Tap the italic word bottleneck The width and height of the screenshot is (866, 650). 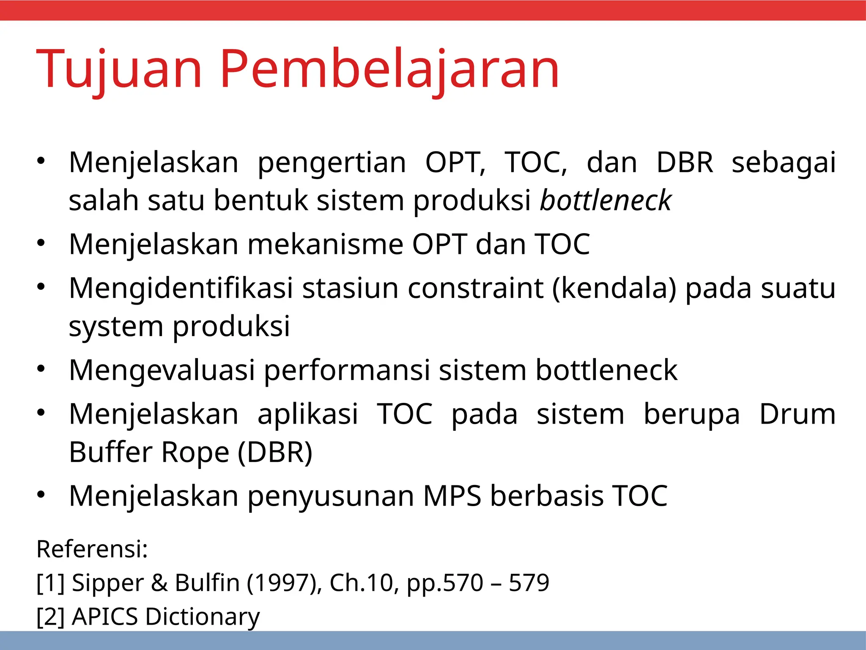click(606, 200)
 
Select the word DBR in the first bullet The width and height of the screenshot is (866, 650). click(685, 162)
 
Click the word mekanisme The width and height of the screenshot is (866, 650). click(325, 245)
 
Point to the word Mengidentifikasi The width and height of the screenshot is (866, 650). click(181, 288)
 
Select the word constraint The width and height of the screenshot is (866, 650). click(475, 288)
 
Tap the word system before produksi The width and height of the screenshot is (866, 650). click(116, 327)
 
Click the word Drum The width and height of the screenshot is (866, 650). click(797, 414)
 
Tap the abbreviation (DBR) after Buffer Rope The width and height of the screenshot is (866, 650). click(275, 452)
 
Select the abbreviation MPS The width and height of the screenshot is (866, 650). click(452, 496)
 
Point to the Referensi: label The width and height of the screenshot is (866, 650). click(92, 549)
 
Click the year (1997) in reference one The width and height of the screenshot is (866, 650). click(284, 583)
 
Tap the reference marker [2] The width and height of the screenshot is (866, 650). click(50, 617)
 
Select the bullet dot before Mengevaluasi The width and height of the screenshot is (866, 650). click(41, 369)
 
